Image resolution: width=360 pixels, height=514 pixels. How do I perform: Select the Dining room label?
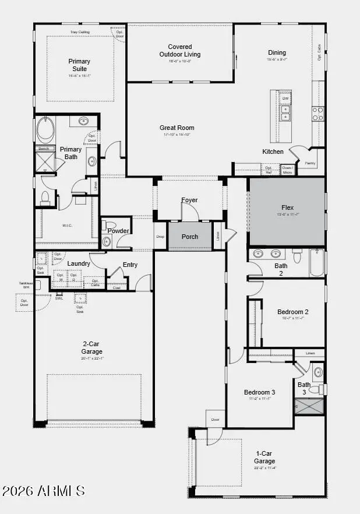pos(277,52)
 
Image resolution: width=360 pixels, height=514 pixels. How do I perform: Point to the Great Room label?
pos(177,128)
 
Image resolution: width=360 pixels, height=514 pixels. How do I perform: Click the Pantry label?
pos(310,163)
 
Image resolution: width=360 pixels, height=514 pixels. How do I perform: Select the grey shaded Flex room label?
pos(287,207)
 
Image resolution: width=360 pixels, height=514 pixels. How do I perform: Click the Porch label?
pos(190,237)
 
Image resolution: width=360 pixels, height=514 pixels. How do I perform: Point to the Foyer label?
pos(189,200)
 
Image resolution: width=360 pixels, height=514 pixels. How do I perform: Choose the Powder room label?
pos(118,231)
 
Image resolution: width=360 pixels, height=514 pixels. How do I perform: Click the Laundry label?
pos(79,263)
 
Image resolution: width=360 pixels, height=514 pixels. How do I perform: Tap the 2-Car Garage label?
pos(92,348)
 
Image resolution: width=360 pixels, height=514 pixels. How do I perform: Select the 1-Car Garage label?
pos(264,457)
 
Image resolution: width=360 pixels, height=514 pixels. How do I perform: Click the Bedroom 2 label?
pos(293,312)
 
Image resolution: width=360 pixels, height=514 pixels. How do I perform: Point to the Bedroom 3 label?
pos(259,392)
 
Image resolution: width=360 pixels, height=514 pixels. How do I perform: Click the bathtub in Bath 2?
pos(316,262)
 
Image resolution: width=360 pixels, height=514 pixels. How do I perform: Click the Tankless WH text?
pos(26,285)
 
